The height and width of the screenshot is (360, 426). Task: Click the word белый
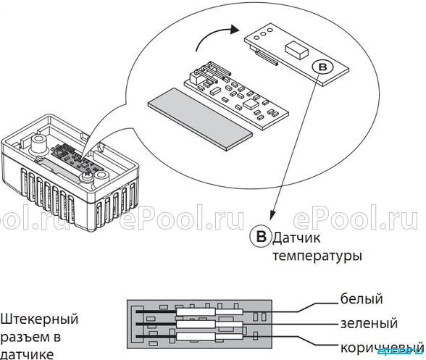click(362, 298)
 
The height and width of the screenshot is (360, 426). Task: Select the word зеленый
click(369, 323)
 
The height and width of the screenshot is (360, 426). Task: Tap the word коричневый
click(382, 348)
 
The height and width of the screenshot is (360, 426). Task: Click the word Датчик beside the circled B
click(296, 238)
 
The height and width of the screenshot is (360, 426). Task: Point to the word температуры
click(317, 256)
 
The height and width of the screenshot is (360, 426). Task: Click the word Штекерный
click(39, 319)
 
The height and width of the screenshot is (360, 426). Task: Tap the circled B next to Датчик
click(261, 236)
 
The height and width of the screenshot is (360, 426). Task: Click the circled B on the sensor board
click(322, 67)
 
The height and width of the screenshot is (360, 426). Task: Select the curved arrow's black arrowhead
click(234, 29)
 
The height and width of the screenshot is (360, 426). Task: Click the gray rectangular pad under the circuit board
click(200, 119)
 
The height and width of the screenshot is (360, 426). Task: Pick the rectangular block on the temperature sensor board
click(296, 50)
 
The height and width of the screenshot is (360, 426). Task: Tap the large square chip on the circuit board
click(250, 104)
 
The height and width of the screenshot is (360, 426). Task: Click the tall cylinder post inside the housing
click(38, 143)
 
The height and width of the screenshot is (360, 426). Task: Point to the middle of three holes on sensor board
click(263, 34)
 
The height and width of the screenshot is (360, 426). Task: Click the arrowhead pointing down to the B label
click(272, 215)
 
